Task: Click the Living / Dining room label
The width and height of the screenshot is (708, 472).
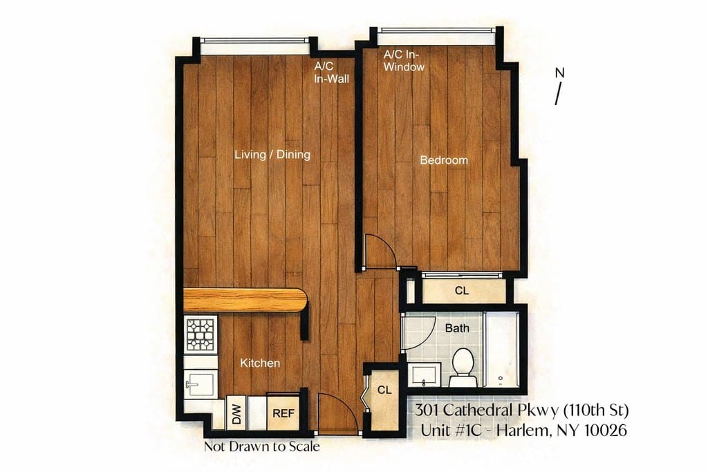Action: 272,154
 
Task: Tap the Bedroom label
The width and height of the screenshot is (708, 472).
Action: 444,160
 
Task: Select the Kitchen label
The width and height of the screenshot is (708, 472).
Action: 260,363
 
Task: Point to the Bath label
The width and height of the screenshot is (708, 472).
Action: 456,328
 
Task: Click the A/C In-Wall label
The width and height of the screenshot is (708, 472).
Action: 331,73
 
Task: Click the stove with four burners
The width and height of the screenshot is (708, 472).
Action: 201,335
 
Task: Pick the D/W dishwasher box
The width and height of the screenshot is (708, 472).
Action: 236,414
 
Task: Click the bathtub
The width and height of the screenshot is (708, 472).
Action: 501,350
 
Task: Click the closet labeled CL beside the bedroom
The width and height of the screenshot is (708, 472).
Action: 462,291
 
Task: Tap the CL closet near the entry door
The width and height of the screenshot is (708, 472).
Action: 384,390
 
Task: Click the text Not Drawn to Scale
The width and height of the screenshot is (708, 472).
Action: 261,447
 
